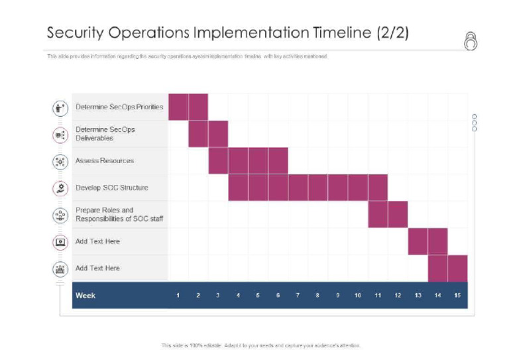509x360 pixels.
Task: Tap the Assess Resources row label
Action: click(x=105, y=160)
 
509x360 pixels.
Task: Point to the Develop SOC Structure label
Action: click(x=112, y=188)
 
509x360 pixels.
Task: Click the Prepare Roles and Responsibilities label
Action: click(x=119, y=214)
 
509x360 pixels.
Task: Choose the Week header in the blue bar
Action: click(x=85, y=295)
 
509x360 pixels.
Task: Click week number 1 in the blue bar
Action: click(x=178, y=295)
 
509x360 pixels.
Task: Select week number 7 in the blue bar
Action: click(x=298, y=295)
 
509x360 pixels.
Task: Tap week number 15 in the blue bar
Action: click(x=457, y=295)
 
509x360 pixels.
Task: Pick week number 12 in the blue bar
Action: click(x=398, y=295)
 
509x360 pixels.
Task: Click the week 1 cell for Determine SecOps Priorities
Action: click(x=178, y=107)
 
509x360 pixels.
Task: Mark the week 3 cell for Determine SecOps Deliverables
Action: click(x=218, y=134)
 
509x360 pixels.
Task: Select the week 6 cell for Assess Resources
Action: click(x=278, y=160)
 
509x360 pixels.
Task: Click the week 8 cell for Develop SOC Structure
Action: click(x=317, y=188)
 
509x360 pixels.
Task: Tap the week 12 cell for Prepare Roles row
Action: click(x=398, y=214)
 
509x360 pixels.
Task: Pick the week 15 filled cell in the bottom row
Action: click(x=457, y=268)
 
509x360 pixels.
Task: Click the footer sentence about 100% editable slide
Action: click(x=261, y=345)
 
